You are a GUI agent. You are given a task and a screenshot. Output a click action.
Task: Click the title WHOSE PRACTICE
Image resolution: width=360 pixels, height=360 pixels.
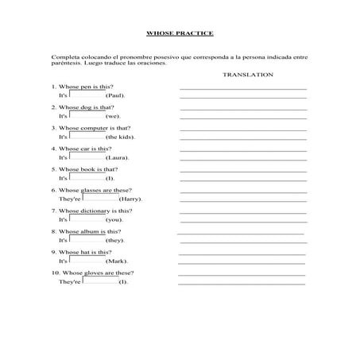(180, 33)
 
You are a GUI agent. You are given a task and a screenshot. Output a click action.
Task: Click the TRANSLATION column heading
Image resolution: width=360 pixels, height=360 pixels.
(248, 74)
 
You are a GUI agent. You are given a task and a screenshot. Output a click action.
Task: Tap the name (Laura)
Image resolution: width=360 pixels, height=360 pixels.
(118, 157)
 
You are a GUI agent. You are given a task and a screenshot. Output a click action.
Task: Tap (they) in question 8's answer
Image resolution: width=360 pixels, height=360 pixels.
(115, 240)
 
